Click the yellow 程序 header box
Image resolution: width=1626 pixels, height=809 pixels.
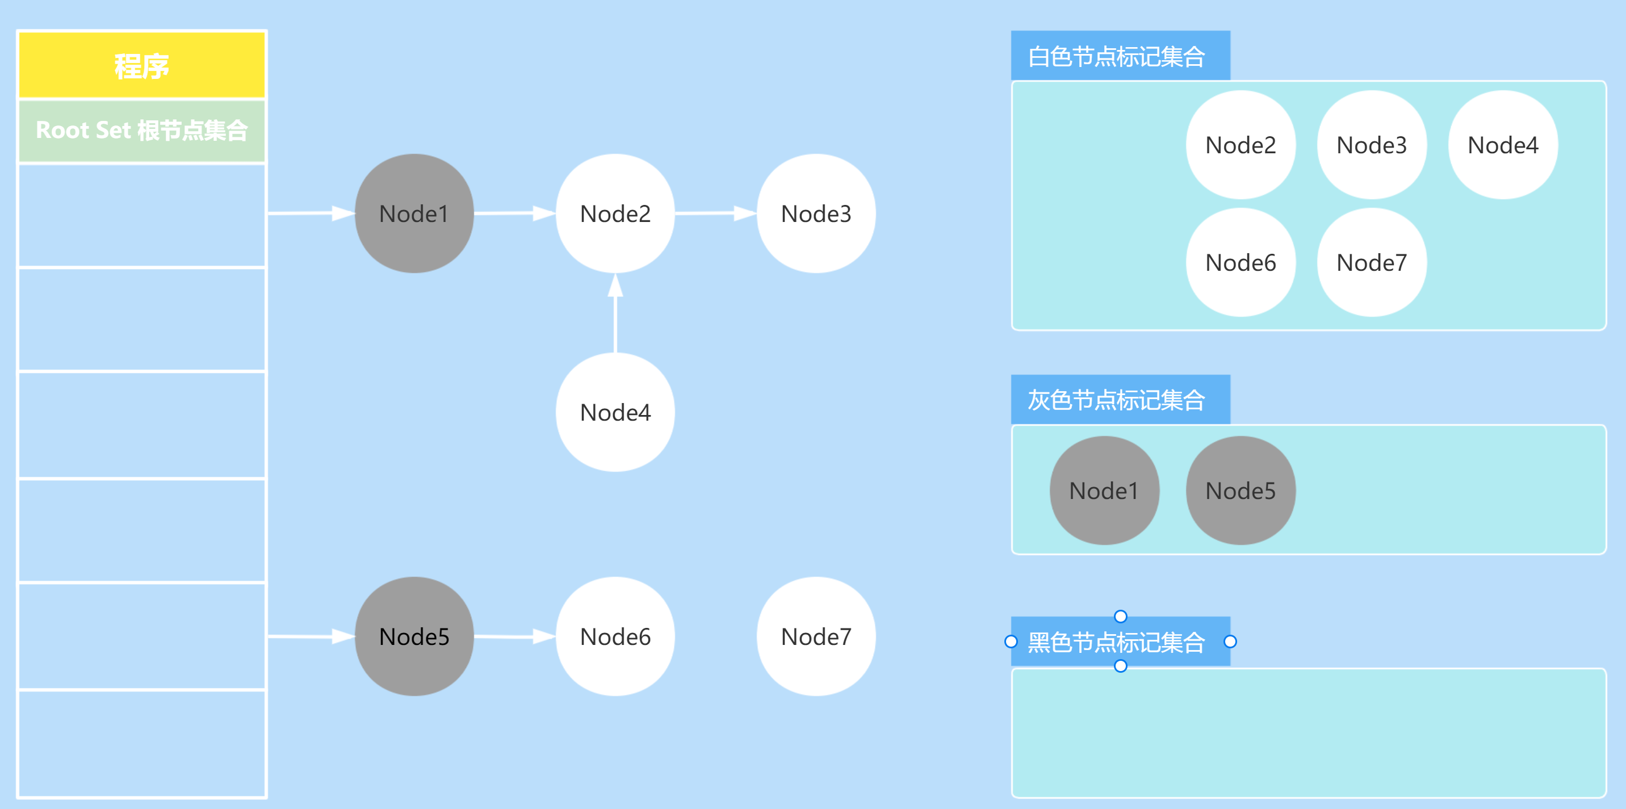click(x=141, y=65)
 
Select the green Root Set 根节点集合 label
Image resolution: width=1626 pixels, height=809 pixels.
click(x=141, y=131)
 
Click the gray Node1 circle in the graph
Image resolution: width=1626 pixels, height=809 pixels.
click(x=414, y=214)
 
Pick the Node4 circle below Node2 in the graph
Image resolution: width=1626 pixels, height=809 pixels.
click(x=615, y=412)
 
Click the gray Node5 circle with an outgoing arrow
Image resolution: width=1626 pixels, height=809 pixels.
click(x=414, y=636)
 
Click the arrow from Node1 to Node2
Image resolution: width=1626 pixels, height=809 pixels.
click(x=514, y=213)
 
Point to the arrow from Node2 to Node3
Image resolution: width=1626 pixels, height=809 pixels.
click(x=715, y=213)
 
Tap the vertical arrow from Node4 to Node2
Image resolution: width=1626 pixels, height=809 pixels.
click(x=615, y=313)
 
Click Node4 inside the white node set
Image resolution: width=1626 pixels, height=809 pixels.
click(x=1502, y=145)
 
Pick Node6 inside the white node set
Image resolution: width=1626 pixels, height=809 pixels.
click(x=1241, y=262)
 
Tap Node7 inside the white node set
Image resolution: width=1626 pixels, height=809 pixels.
click(x=1371, y=262)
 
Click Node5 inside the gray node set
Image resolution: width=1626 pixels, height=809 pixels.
click(x=1241, y=491)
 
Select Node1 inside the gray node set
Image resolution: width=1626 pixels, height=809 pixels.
click(x=1104, y=491)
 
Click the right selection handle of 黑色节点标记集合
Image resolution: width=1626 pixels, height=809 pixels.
click(x=1230, y=642)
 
